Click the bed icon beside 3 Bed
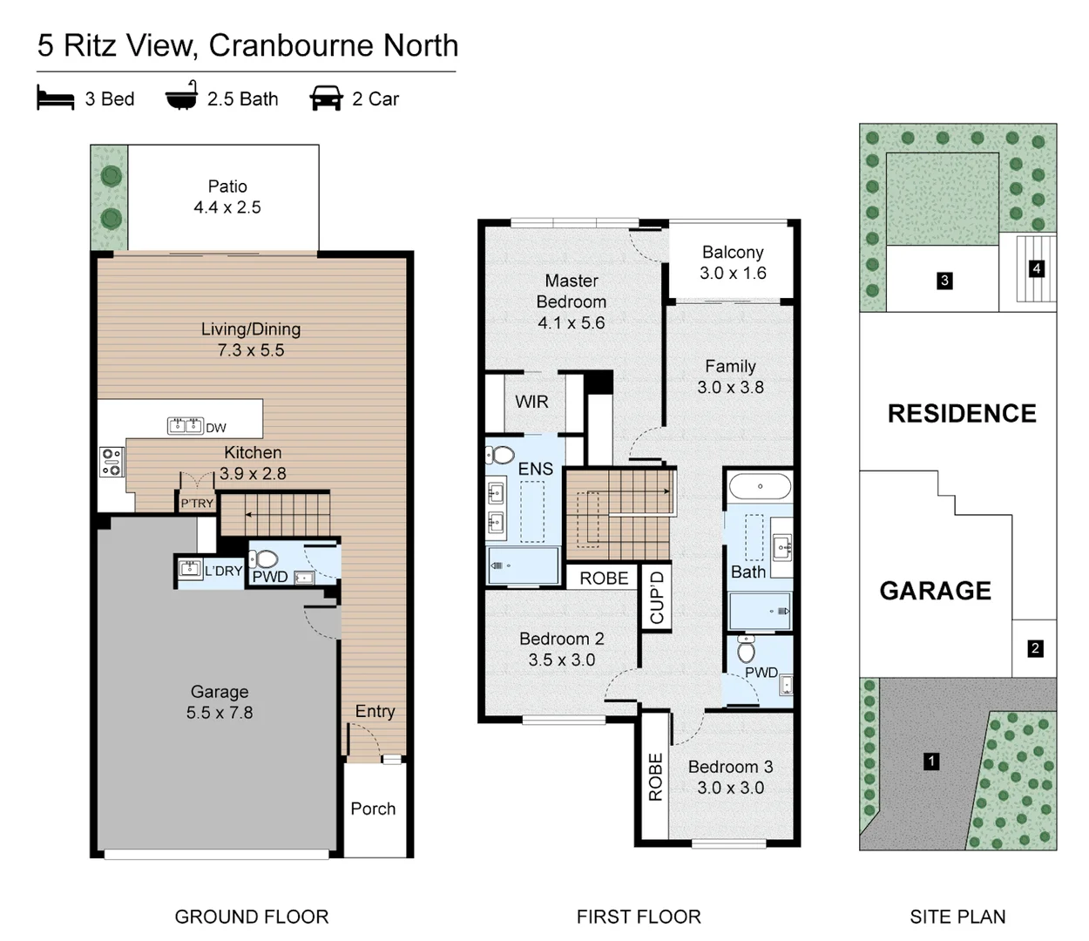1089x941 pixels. tap(55, 98)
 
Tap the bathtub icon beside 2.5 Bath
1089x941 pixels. tap(182, 97)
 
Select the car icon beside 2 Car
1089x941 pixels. tap(326, 98)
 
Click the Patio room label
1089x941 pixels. tap(227, 186)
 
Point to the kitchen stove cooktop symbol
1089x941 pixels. tap(112, 462)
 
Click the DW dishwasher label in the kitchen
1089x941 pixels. tap(216, 428)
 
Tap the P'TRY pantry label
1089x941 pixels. tap(197, 504)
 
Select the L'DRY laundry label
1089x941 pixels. tap(223, 572)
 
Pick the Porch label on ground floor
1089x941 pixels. tap(373, 809)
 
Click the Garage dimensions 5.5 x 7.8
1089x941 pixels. tap(220, 713)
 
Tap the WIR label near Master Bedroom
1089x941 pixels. tap(531, 402)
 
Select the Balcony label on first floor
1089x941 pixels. tap(733, 253)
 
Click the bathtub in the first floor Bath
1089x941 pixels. tap(760, 486)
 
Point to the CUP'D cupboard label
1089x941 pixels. tap(657, 597)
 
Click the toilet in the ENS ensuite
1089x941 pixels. tap(501, 455)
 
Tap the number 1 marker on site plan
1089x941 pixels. tap(931, 762)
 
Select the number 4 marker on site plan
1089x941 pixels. tap(1036, 268)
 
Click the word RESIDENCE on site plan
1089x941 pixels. tap(962, 414)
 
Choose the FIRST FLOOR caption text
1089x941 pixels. tap(639, 917)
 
